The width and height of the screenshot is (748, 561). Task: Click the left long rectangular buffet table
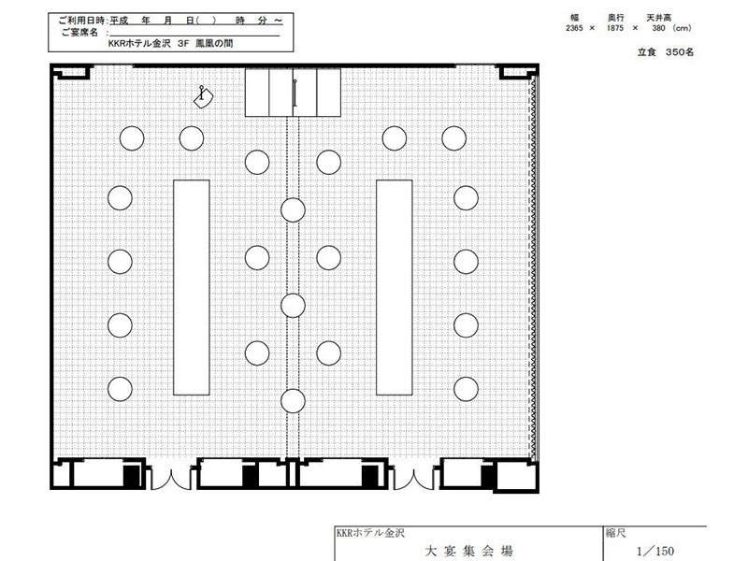pyautogui.click(x=192, y=288)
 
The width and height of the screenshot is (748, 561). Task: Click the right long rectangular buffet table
pyautogui.click(x=395, y=288)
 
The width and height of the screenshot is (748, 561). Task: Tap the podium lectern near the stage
pyautogui.click(x=203, y=97)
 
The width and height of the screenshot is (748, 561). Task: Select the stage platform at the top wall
pyautogui.click(x=293, y=92)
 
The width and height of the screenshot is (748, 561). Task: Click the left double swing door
pyautogui.click(x=171, y=480)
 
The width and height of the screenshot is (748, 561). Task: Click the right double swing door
pyautogui.click(x=413, y=480)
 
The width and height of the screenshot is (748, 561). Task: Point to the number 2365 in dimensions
pyautogui.click(x=574, y=28)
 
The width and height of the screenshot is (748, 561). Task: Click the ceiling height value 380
pyautogui.click(x=658, y=28)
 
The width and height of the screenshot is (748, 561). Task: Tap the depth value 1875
pyautogui.click(x=615, y=28)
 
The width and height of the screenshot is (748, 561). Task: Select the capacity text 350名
pyautogui.click(x=680, y=52)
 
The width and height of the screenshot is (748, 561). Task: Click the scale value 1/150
pyautogui.click(x=655, y=552)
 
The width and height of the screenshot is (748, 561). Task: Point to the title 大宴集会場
pyautogui.click(x=469, y=552)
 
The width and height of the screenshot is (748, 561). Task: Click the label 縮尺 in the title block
pyautogui.click(x=615, y=533)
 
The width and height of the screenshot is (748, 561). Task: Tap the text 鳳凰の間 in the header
pyautogui.click(x=214, y=43)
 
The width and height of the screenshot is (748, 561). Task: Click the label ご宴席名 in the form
pyautogui.click(x=79, y=33)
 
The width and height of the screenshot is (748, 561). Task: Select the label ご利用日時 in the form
pyautogui.click(x=81, y=21)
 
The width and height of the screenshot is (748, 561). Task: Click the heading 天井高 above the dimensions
pyautogui.click(x=659, y=18)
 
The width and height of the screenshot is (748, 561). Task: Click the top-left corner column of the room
pyautogui.click(x=71, y=72)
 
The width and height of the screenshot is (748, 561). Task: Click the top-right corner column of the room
pyautogui.click(x=518, y=72)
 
